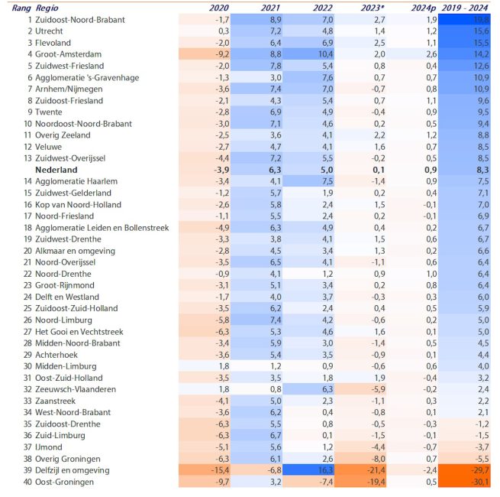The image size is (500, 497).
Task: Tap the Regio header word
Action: pyautogui.click(x=48, y=8)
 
